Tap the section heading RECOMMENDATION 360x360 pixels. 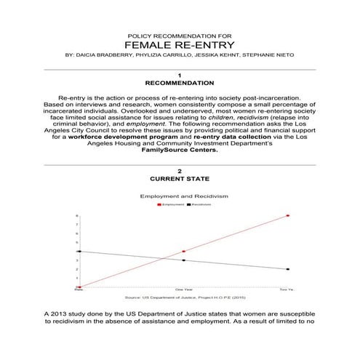click(x=179, y=83)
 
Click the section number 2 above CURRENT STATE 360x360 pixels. click(x=179, y=169)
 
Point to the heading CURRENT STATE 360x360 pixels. click(x=179, y=178)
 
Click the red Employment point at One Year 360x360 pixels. click(x=184, y=252)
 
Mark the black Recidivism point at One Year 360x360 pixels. click(x=184, y=260)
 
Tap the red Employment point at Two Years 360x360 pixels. click(x=289, y=216)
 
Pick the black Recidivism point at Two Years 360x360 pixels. click(x=289, y=269)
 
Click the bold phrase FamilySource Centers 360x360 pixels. click(x=179, y=151)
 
